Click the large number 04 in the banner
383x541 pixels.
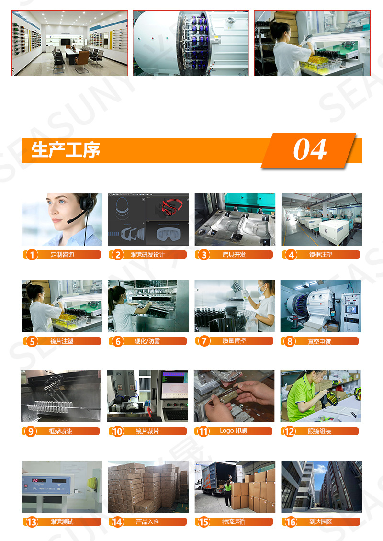[x=310, y=149]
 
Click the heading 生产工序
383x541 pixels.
[x=66, y=150]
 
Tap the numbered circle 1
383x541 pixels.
[x=31, y=255]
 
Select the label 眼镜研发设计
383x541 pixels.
[x=147, y=255]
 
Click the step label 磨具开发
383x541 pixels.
[x=235, y=255]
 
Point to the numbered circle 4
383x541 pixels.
[x=291, y=255]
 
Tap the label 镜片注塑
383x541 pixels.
[x=62, y=341]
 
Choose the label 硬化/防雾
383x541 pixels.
[x=147, y=341]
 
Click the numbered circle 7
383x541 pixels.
[x=204, y=341]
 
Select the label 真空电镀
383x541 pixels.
[x=319, y=341]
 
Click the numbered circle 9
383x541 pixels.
[x=30, y=431]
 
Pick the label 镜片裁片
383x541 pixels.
[x=147, y=431]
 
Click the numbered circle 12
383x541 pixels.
[x=290, y=431]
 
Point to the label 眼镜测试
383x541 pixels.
[x=62, y=521]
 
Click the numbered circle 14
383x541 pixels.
[x=117, y=522]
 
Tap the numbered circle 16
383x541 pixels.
[x=291, y=522]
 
